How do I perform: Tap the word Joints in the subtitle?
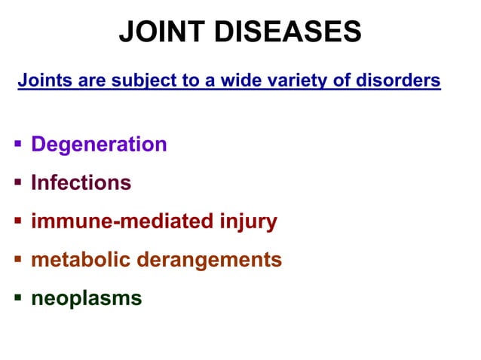(x=41, y=80)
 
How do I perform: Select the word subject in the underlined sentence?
(x=136, y=80)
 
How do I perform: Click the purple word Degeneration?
(x=99, y=145)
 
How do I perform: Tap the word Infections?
(x=81, y=183)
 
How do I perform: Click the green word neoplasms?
(x=86, y=299)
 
